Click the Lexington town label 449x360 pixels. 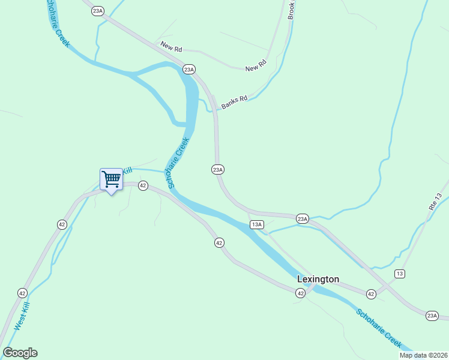pyautogui.click(x=318, y=280)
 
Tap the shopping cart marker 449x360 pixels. pyautogui.click(x=111, y=179)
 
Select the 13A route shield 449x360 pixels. pyautogui.click(x=257, y=224)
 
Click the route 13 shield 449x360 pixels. pyautogui.click(x=400, y=274)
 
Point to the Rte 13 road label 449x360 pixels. pyautogui.click(x=436, y=201)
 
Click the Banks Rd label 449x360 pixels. pyautogui.click(x=234, y=103)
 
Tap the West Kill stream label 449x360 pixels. pyautogui.click(x=22, y=316)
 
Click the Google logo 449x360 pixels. pyautogui.click(x=20, y=353)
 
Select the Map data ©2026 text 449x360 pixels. pyautogui.click(x=423, y=355)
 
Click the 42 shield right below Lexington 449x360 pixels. pyautogui.click(x=301, y=292)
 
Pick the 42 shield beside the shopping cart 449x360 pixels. pyautogui.click(x=143, y=186)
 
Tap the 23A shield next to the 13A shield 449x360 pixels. pyautogui.click(x=302, y=219)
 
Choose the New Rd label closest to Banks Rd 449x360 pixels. pyautogui.click(x=255, y=65)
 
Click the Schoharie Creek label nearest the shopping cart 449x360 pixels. pyautogui.click(x=179, y=163)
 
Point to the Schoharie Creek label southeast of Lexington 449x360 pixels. pyautogui.click(x=379, y=328)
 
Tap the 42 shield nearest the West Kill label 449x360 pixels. pyautogui.click(x=22, y=293)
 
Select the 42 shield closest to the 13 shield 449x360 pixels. pyautogui.click(x=372, y=293)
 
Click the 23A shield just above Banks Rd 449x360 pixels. pyautogui.click(x=189, y=70)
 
